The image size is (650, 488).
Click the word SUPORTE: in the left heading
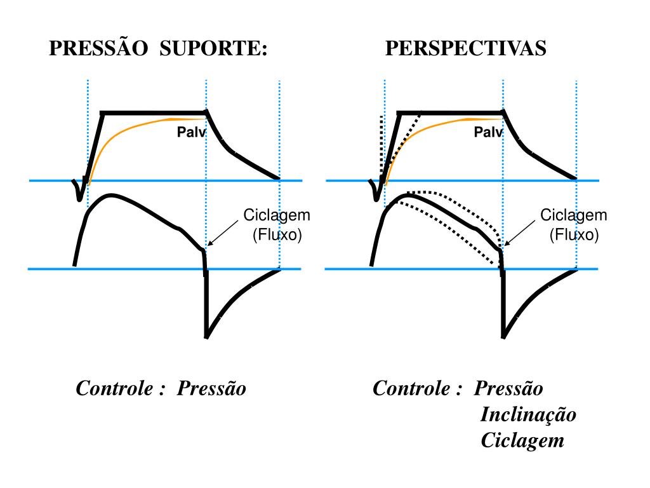[213, 48]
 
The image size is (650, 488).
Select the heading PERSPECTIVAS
[465, 48]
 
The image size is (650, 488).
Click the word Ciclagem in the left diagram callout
[277, 215]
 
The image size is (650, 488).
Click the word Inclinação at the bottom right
[528, 414]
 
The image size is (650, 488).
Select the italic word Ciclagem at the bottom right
[522, 440]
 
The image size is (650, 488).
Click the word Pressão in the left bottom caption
[211, 388]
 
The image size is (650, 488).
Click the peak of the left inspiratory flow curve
[112, 194]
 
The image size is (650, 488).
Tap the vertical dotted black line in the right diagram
[380, 146]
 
